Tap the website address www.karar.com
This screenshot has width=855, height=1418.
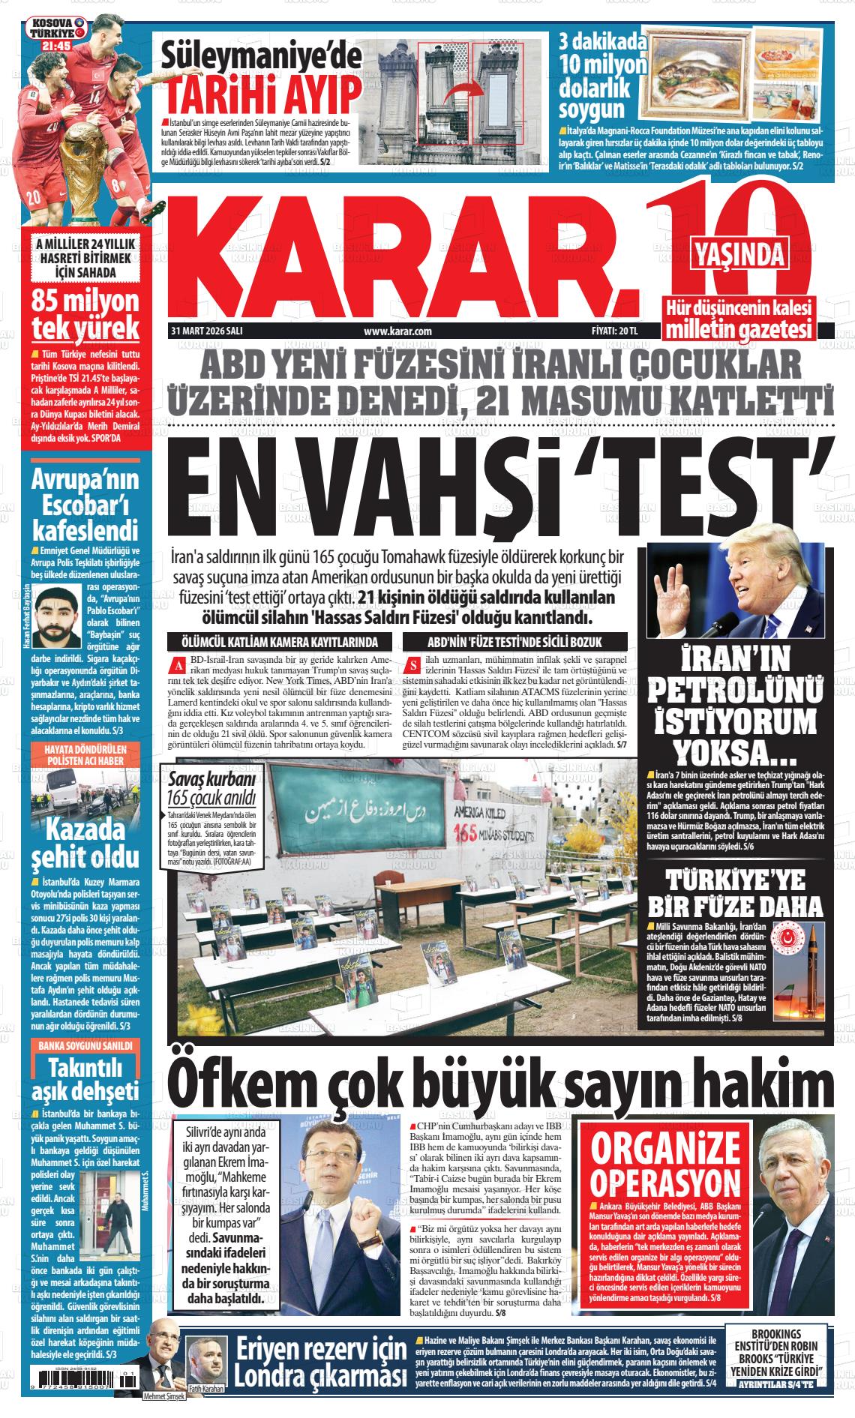click(397, 331)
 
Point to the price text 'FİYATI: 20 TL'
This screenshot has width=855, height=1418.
click(614, 331)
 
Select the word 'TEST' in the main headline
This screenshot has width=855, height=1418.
click(724, 488)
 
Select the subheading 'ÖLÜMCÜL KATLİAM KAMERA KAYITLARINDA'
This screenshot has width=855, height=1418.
click(280, 642)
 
